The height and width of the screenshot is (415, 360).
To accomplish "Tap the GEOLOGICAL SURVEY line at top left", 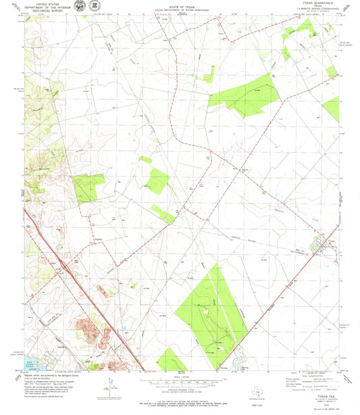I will point(38,11).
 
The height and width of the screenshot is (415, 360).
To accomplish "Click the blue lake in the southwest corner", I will point(34,365).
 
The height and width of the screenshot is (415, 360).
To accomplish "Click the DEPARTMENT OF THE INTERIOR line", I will point(38,7).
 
